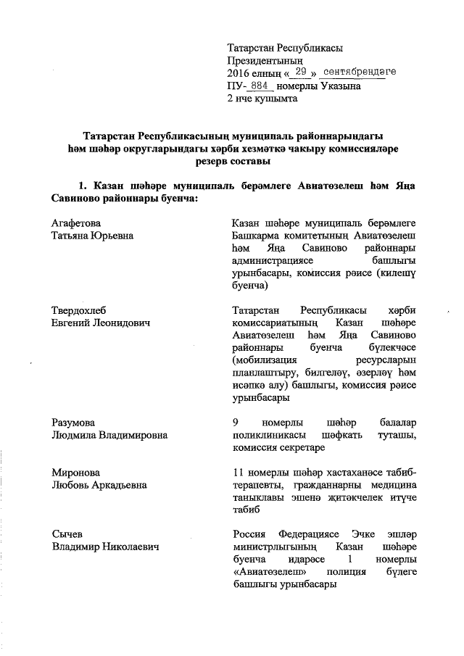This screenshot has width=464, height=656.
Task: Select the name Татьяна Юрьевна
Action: coord(92,235)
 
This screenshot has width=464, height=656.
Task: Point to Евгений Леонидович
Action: coord(102,323)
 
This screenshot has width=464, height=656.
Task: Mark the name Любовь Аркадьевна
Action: coord(99,485)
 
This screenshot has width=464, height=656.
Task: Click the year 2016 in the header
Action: coord(239,73)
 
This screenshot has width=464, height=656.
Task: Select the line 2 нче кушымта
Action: coord(262,99)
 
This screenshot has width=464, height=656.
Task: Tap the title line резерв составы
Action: coord(231,161)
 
